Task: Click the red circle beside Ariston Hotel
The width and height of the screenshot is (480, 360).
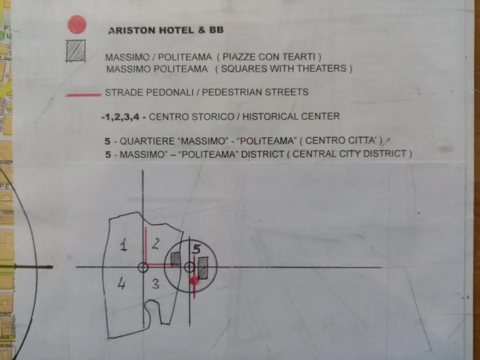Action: click(77, 24)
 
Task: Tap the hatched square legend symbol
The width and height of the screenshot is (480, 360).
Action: click(75, 51)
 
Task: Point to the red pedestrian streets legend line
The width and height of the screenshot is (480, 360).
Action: click(83, 95)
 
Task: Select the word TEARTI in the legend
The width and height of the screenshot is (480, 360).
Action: click(299, 57)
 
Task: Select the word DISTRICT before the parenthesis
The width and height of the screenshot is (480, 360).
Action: click(262, 153)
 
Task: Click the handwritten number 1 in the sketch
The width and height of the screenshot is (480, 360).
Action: click(123, 245)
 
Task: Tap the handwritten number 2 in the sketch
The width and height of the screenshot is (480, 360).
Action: click(155, 243)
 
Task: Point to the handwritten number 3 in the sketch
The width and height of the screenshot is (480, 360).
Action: click(156, 283)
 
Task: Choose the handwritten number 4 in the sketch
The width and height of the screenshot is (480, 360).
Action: click(121, 283)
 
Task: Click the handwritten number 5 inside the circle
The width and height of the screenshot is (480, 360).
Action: click(196, 249)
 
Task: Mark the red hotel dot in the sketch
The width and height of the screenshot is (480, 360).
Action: click(194, 281)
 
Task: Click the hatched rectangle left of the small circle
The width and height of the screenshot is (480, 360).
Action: click(175, 259)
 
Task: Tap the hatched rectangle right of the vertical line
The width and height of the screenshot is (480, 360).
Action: click(203, 268)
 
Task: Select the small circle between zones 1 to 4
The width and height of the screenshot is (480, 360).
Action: click(143, 267)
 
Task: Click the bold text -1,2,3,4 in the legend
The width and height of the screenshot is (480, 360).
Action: click(121, 116)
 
